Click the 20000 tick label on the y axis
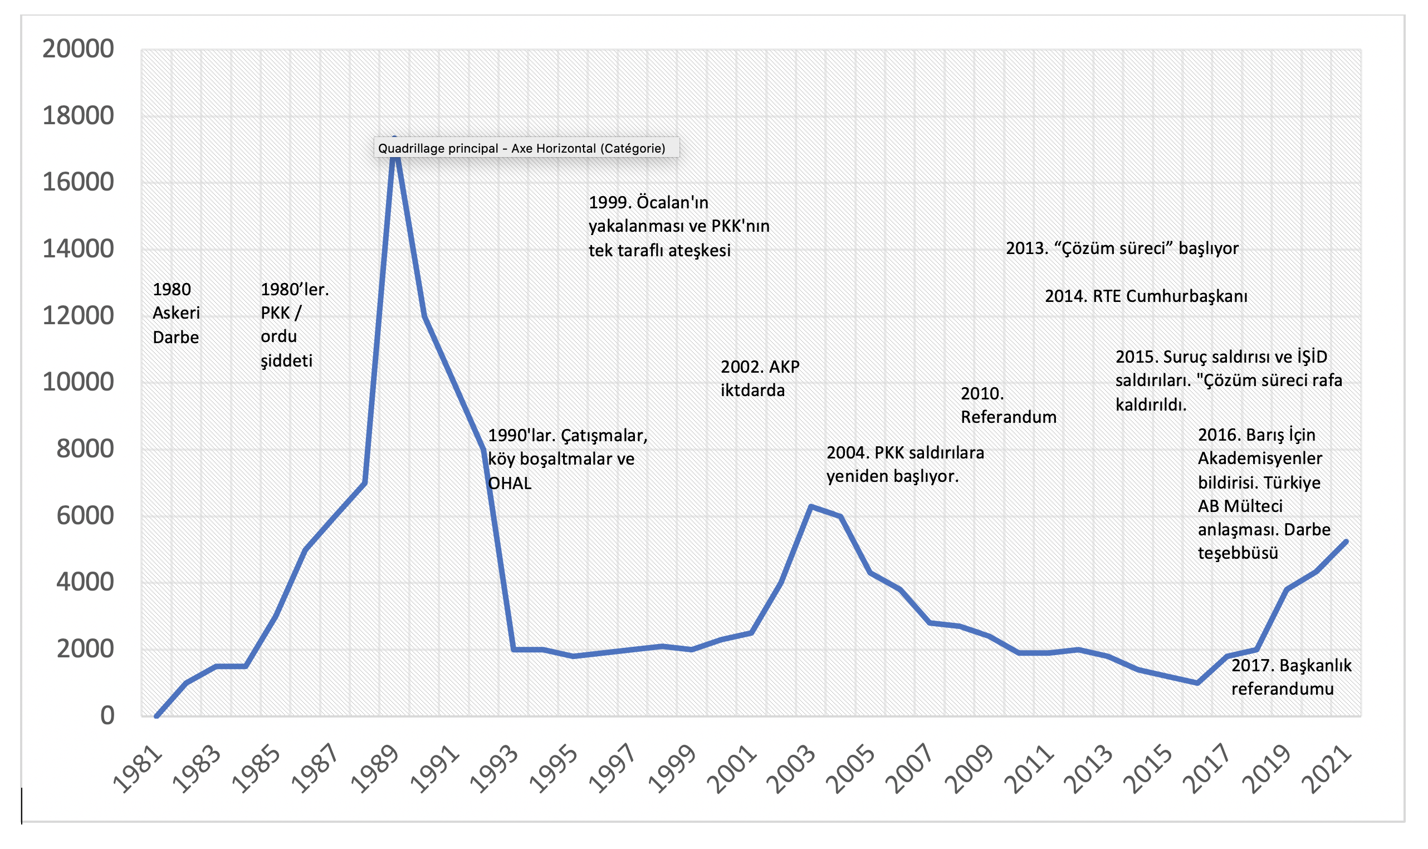[x=79, y=49]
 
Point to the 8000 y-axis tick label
[x=85, y=449]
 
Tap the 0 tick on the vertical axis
[x=107, y=716]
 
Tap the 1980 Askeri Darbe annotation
[x=176, y=313]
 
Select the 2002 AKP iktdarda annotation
[x=760, y=378]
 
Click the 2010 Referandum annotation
[x=1008, y=405]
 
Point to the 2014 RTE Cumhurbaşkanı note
[x=1146, y=296]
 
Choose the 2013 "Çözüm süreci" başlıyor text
[x=1122, y=248]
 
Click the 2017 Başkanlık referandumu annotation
[x=1291, y=677]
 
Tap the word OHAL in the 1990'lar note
[x=510, y=484]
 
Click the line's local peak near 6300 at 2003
[x=810, y=506]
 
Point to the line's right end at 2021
[x=1346, y=541]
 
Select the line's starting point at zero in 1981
[x=156, y=716]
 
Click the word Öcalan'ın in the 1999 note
[x=673, y=203]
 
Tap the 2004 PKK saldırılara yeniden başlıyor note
[x=904, y=465]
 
